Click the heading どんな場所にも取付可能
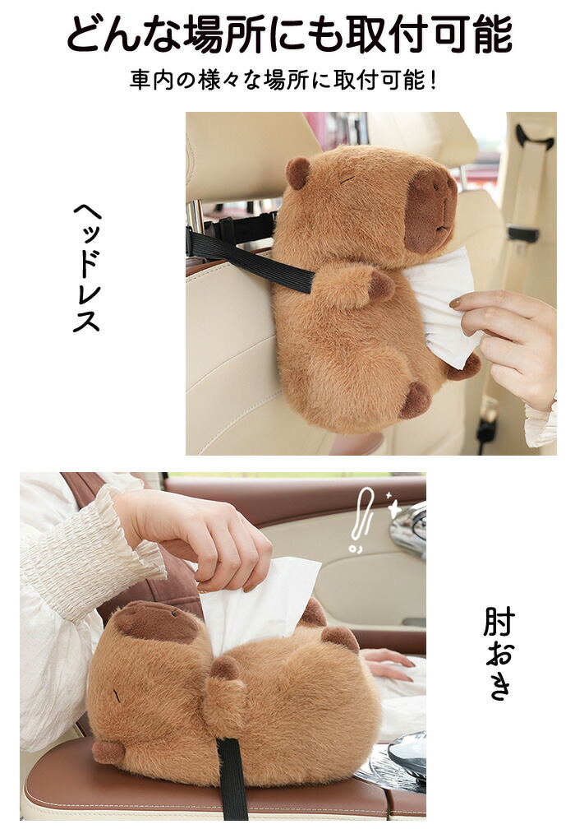pos(289,35)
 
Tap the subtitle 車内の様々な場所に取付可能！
pos(284,81)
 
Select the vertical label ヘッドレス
pos(87,268)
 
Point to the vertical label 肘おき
pos(499,654)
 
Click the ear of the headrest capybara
pos(297,173)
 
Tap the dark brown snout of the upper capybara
pos(430,211)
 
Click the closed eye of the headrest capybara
pos(347,180)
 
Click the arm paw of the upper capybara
pos(381,286)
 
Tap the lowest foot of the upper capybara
pos(416,401)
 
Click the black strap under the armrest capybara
pos(232,779)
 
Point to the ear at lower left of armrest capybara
pos(108,752)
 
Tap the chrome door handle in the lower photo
pos(410,528)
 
